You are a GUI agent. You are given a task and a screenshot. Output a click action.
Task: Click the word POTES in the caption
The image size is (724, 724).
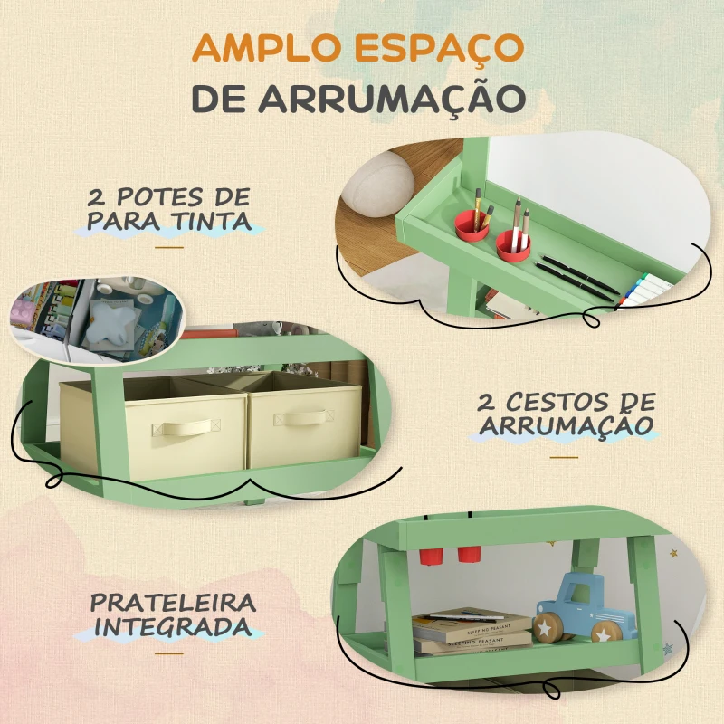pyautogui.click(x=159, y=197)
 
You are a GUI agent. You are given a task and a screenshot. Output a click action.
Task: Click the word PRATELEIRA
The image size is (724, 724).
pyautogui.click(x=173, y=603)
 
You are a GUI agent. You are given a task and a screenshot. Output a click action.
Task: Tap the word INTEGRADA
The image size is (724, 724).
pyautogui.click(x=173, y=627)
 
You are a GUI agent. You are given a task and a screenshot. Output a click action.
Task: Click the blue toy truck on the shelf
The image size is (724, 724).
pyautogui.click(x=585, y=609)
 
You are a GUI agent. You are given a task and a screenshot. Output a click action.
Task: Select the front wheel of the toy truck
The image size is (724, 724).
pyautogui.click(x=548, y=628)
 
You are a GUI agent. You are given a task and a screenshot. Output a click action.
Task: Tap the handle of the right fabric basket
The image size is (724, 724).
pyautogui.click(x=303, y=418)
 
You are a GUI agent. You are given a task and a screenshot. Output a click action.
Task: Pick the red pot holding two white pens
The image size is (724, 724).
pyautogui.click(x=512, y=245)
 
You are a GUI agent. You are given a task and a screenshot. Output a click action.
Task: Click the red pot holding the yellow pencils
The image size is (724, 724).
pyautogui.click(x=471, y=225)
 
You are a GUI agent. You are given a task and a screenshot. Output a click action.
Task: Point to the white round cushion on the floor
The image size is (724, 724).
pyautogui.click(x=378, y=185)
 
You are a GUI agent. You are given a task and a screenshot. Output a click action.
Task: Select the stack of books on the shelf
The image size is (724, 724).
pyautogui.click(x=471, y=632)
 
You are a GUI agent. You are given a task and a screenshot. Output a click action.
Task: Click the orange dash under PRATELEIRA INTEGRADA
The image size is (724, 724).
pyautogui.click(x=169, y=653)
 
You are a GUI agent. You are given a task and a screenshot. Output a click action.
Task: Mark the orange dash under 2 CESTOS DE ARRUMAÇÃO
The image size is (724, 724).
pyautogui.click(x=564, y=457)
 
